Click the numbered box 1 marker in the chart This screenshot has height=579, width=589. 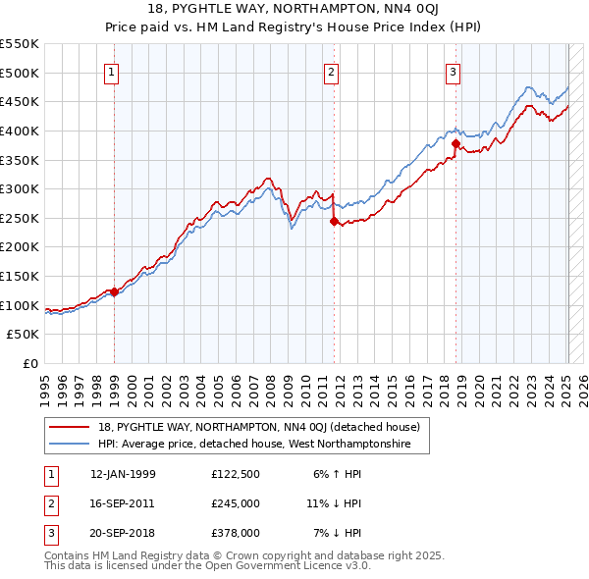click(112, 72)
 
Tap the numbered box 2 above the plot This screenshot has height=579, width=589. click(332, 72)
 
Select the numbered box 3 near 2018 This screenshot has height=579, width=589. click(454, 72)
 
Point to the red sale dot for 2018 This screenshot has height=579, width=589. click(455, 143)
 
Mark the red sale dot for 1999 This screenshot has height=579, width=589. click(114, 291)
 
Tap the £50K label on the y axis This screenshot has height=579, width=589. click(25, 335)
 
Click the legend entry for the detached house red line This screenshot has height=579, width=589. click(259, 427)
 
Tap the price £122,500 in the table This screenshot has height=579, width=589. click(236, 475)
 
